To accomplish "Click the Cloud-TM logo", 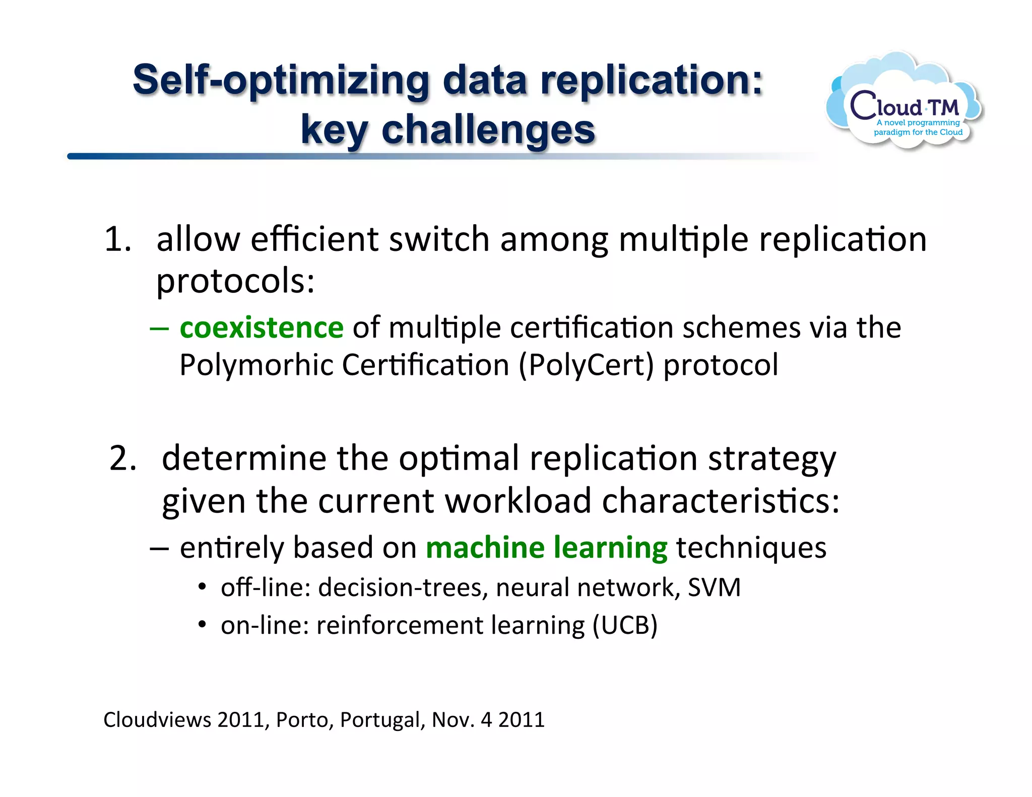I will pos(905,103).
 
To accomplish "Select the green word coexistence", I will pos(262,328).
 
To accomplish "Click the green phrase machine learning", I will pos(546,548).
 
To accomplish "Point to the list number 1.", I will pos(117,239).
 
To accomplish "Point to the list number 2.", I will pos(122,458).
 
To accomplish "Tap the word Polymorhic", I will pos(256,365).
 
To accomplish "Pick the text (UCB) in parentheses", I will pos(625,625).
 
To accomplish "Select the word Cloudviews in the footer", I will pos(157,719).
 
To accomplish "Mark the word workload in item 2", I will pos(518,501).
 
